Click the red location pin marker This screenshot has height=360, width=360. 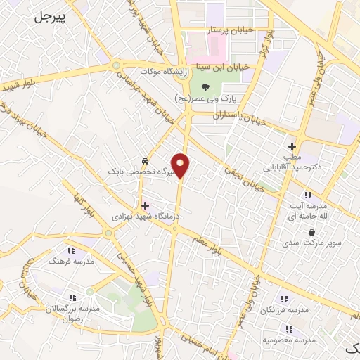coord(181,165)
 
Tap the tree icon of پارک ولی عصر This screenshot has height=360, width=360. coord(205,87)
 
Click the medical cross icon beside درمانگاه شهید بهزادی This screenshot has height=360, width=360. coord(146,206)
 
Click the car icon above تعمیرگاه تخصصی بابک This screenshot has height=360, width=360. coord(145,160)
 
